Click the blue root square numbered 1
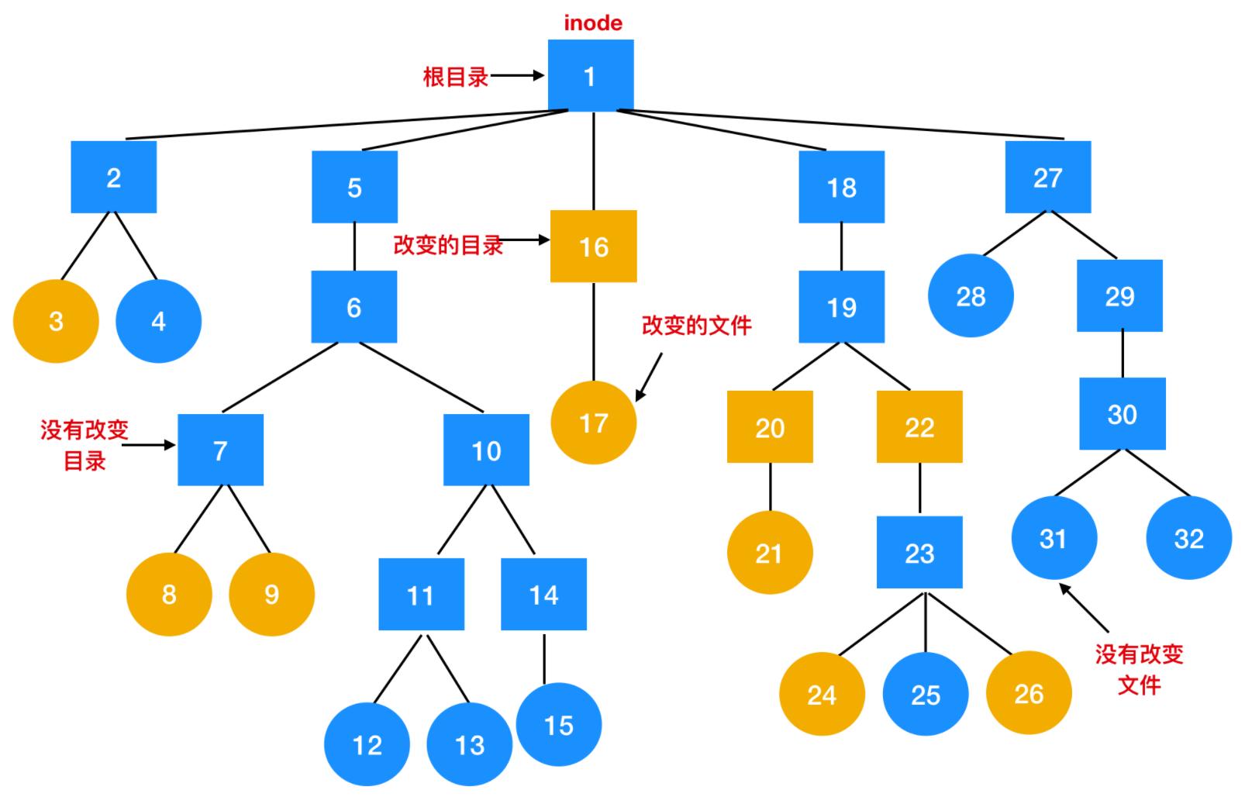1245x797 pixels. pyautogui.click(x=591, y=76)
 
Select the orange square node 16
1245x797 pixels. pyautogui.click(x=593, y=247)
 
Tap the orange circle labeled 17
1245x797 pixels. pyautogui.click(x=593, y=423)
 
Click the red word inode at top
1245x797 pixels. pyautogui.click(x=593, y=22)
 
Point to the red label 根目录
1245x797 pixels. pyautogui.click(x=456, y=77)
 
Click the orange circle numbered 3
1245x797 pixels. pyautogui.click(x=56, y=321)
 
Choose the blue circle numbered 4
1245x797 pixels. pyautogui.click(x=158, y=321)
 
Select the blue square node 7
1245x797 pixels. pyautogui.click(x=220, y=450)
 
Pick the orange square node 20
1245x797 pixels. pyautogui.click(x=770, y=427)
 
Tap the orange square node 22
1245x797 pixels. pyautogui.click(x=919, y=427)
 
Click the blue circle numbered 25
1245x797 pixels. pyautogui.click(x=925, y=694)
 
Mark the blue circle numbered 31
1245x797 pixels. pyautogui.click(x=1054, y=538)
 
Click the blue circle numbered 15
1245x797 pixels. pyautogui.click(x=558, y=725)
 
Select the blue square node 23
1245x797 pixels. pyautogui.click(x=919, y=553)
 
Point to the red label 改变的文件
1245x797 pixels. pyautogui.click(x=696, y=326)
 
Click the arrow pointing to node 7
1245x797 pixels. pyautogui.click(x=149, y=445)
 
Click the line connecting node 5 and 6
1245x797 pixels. pyautogui.click(x=354, y=247)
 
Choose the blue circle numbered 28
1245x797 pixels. pyautogui.click(x=971, y=296)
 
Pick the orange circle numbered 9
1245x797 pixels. pyautogui.click(x=271, y=595)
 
